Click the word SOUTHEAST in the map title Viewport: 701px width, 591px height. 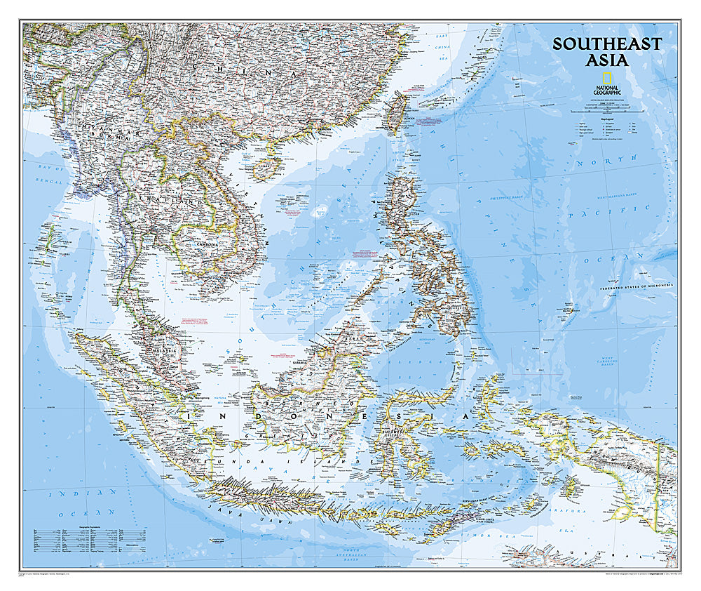pos(606,44)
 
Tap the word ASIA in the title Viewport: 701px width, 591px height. pos(606,60)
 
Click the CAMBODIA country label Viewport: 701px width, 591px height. pos(197,245)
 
